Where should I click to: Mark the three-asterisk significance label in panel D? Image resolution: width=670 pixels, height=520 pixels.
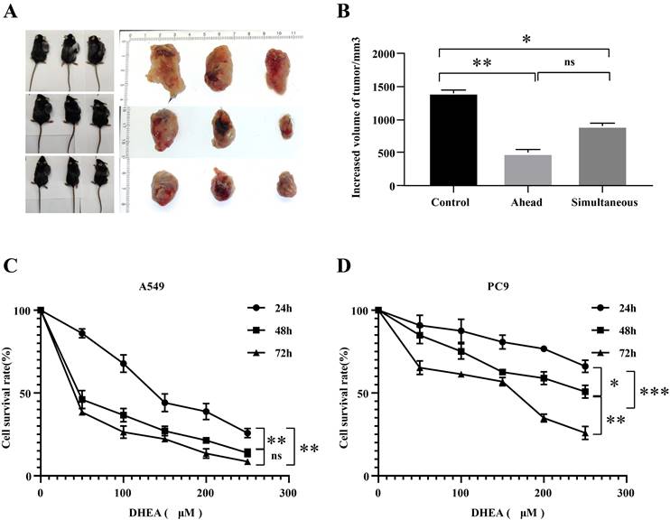(x=652, y=393)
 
